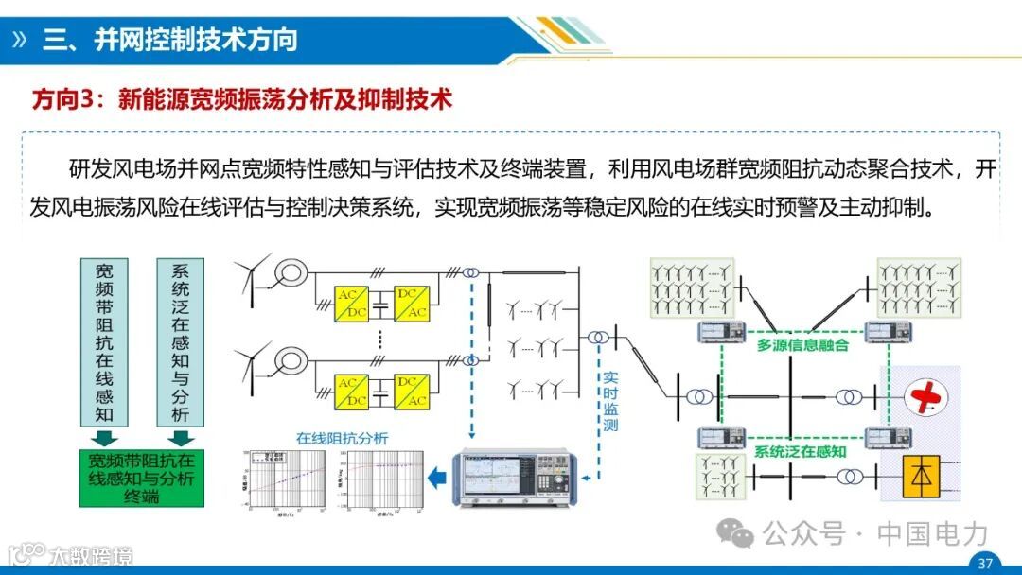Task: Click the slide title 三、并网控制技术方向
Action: coord(170,39)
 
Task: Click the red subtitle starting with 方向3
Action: coord(241,99)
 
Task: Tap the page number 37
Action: coord(985,564)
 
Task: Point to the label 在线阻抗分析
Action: coord(342,438)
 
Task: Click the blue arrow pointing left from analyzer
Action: coord(436,479)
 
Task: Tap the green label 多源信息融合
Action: coord(802,345)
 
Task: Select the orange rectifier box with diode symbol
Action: coord(919,478)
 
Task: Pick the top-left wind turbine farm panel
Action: coord(692,287)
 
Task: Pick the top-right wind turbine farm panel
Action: coord(919,287)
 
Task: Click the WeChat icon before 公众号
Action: coord(735,533)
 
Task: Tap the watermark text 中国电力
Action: coord(932,533)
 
